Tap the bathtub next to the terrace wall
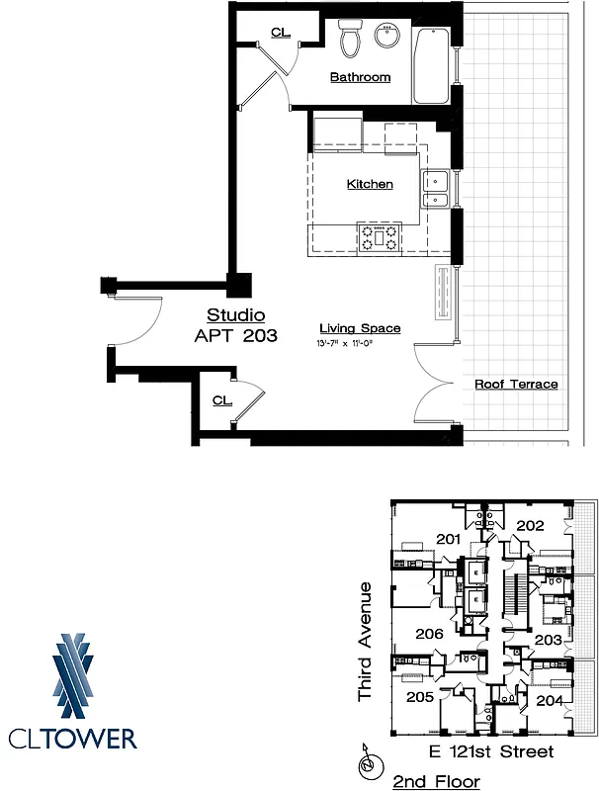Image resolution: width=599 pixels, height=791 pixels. [431, 66]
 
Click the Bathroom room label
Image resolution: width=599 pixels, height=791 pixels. [360, 77]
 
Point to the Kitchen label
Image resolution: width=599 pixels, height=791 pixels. [370, 184]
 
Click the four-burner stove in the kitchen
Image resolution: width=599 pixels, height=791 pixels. [379, 237]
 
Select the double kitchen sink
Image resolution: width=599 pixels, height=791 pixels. [436, 190]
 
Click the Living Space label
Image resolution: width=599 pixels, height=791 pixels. [360, 328]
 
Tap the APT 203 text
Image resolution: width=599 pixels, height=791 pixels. [235, 335]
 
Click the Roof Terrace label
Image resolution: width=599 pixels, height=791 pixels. [516, 384]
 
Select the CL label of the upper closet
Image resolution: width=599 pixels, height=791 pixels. [281, 33]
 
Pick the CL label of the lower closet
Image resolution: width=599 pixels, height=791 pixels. [222, 400]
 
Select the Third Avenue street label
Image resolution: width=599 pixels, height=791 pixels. [365, 642]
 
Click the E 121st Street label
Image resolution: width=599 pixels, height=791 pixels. [490, 752]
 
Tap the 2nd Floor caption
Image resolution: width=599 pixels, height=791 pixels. [436, 781]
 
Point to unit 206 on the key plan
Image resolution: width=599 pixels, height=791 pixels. [428, 634]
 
